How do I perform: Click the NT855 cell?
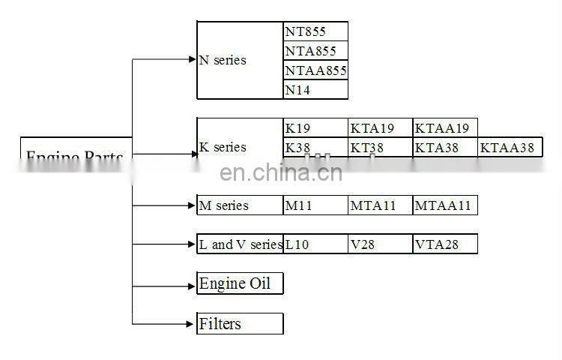pyautogui.click(x=315, y=31)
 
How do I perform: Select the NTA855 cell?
pyautogui.click(x=315, y=51)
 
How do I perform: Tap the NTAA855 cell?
pyautogui.click(x=315, y=70)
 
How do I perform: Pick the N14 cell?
pyautogui.click(x=315, y=90)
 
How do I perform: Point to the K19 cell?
pyautogui.click(x=315, y=128)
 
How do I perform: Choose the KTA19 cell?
pyautogui.click(x=380, y=128)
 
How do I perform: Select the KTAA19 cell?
pyautogui.click(x=444, y=128)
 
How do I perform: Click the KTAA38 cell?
pyautogui.click(x=510, y=148)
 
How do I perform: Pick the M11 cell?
pyautogui.click(x=315, y=205)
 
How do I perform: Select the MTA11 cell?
pyautogui.click(x=380, y=205)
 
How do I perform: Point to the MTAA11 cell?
pyautogui.click(x=444, y=205)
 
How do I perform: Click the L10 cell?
pyautogui.click(x=315, y=244)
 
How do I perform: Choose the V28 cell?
pyautogui.click(x=380, y=244)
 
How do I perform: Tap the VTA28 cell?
pyautogui.click(x=444, y=244)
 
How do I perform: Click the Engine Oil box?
pyautogui.click(x=240, y=283)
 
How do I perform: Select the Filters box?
pyautogui.click(x=240, y=324)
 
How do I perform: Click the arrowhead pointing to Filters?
pyautogui.click(x=190, y=324)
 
